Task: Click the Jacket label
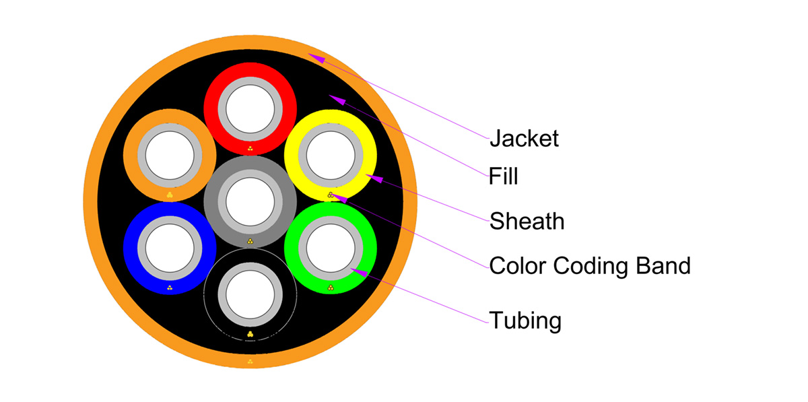tap(524, 139)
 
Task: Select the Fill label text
tap(504, 177)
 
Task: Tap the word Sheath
tap(527, 220)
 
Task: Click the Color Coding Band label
tap(590, 266)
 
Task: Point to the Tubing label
tap(525, 320)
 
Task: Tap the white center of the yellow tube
tap(331, 156)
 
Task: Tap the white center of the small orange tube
tap(170, 156)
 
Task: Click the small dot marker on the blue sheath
tap(170, 288)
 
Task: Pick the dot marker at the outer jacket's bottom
tap(250, 362)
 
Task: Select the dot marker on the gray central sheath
tap(250, 240)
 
